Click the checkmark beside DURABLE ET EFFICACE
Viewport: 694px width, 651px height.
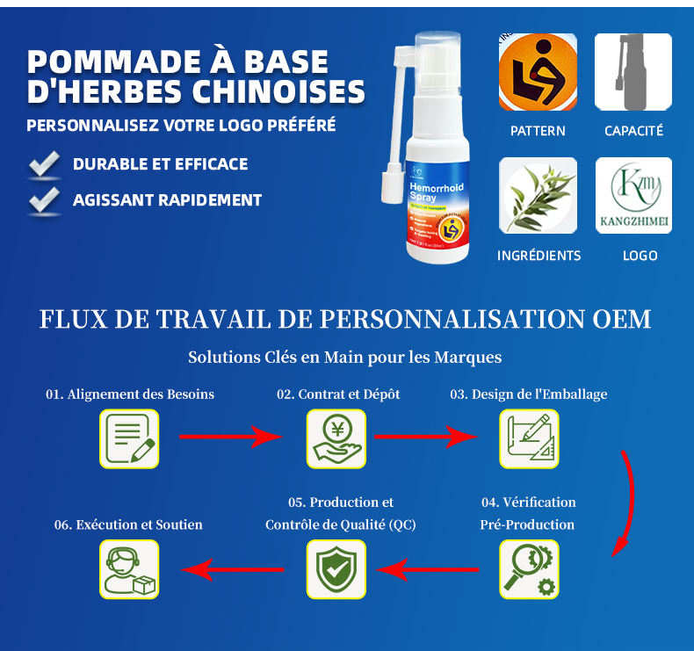click(x=44, y=164)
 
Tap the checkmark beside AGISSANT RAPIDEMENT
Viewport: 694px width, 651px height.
click(x=44, y=199)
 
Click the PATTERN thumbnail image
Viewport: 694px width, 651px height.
click(x=538, y=72)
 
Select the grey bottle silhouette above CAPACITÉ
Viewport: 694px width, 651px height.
click(x=633, y=72)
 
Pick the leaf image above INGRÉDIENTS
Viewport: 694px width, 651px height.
click(x=538, y=196)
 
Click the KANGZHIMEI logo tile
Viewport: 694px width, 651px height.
click(x=633, y=196)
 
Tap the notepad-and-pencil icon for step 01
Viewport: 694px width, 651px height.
click(x=129, y=438)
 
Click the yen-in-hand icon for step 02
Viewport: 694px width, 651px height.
click(x=336, y=438)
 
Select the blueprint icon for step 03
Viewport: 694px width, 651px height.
click(x=529, y=438)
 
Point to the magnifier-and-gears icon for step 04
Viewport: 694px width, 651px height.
click(x=529, y=569)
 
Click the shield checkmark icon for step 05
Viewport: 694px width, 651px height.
click(x=336, y=569)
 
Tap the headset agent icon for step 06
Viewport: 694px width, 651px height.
click(x=129, y=569)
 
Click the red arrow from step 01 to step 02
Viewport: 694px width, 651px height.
click(x=230, y=436)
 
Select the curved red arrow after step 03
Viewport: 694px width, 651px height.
click(x=626, y=505)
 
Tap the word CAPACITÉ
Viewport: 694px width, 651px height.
click(x=633, y=131)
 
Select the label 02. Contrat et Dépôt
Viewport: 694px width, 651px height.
click(x=338, y=394)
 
